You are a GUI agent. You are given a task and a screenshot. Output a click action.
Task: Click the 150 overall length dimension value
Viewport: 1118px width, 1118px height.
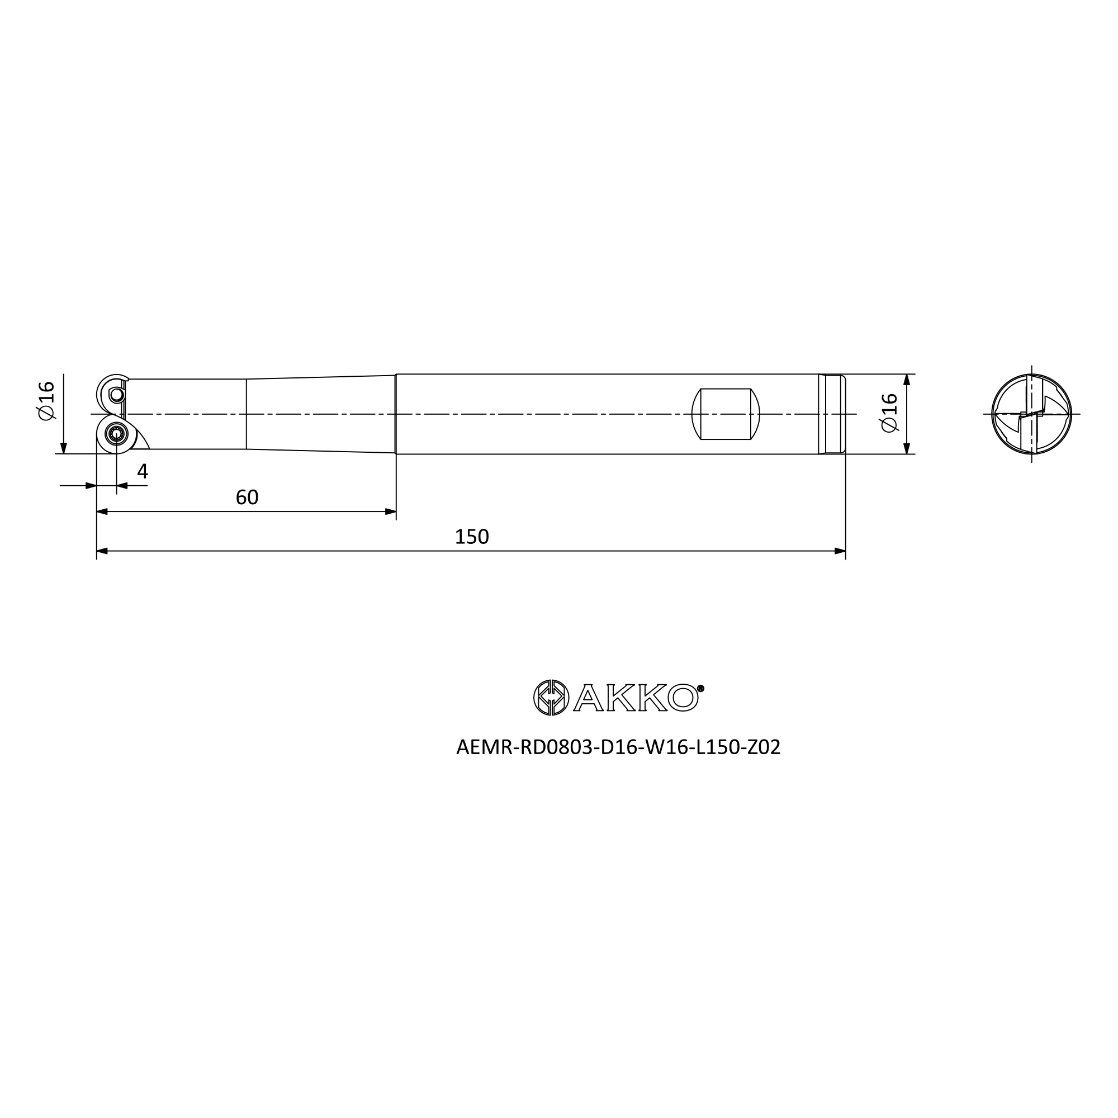(472, 537)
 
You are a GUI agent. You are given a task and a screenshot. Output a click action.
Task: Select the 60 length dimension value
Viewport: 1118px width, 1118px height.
(247, 497)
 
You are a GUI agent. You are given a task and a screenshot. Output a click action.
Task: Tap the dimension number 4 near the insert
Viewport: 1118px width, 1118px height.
(143, 472)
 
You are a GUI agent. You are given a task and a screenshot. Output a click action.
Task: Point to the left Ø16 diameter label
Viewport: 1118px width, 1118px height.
(46, 400)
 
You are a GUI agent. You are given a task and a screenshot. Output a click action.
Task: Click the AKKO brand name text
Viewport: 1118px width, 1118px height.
(636, 698)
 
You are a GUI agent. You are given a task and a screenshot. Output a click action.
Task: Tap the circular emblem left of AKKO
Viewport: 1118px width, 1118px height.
(552, 697)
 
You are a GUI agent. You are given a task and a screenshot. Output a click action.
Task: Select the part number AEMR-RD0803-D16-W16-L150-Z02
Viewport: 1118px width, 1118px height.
(618, 747)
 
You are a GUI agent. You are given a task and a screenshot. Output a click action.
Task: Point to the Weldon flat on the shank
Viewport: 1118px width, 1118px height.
(726, 414)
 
